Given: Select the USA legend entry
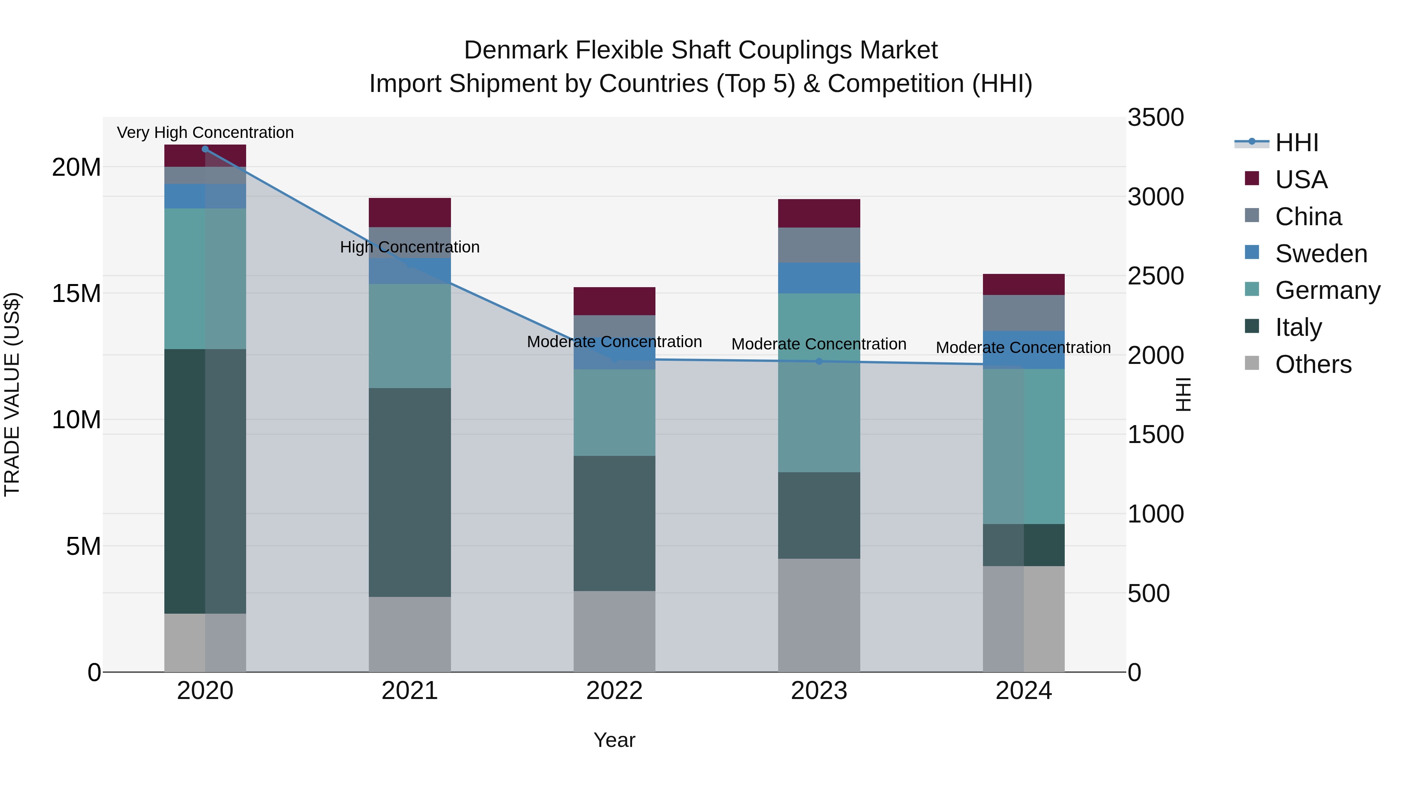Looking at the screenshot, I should tap(1301, 180).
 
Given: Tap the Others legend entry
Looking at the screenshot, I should tap(1313, 364).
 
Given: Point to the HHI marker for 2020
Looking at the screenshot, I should tap(205, 149).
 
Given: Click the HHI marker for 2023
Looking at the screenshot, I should tap(819, 361).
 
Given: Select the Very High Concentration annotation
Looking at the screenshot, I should tap(205, 133).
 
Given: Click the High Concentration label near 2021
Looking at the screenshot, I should tap(409, 247).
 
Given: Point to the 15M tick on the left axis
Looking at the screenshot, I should tap(76, 293).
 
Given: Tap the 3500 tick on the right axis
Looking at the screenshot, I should tap(1155, 118).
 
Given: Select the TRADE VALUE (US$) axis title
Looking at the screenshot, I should tap(12, 394).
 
